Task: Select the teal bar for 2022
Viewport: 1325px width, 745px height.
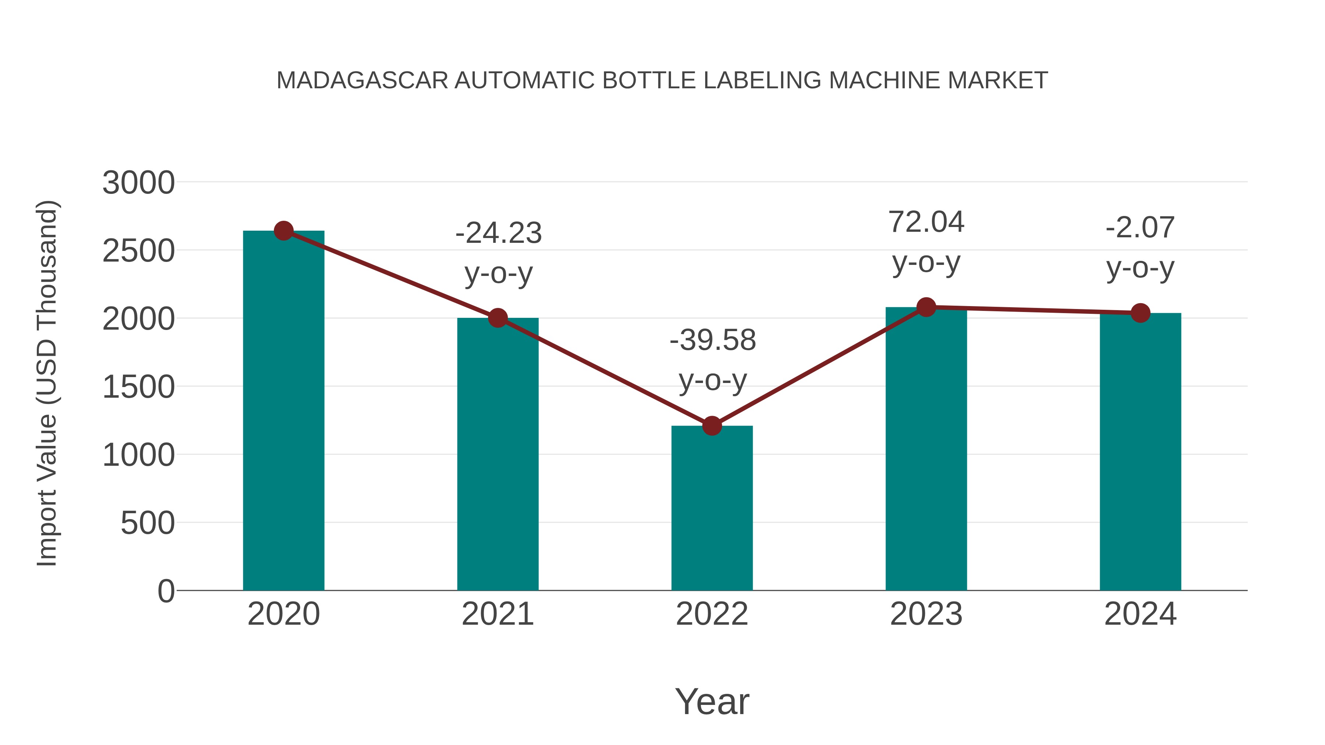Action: point(712,509)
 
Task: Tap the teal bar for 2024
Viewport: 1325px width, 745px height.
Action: point(1140,453)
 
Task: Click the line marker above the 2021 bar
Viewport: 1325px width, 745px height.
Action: point(497,318)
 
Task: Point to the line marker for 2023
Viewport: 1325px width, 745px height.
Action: point(926,308)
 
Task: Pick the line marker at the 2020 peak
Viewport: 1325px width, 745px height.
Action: point(283,231)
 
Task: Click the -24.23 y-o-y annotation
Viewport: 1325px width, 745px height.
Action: point(498,252)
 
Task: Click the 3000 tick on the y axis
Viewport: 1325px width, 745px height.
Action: point(138,183)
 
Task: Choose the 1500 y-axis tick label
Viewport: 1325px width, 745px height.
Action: point(138,387)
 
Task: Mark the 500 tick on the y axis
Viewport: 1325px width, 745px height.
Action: point(148,524)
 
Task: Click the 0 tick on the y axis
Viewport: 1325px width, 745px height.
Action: point(166,591)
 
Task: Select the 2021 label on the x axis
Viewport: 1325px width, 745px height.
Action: point(497,614)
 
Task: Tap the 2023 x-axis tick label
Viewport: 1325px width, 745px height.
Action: point(926,614)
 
